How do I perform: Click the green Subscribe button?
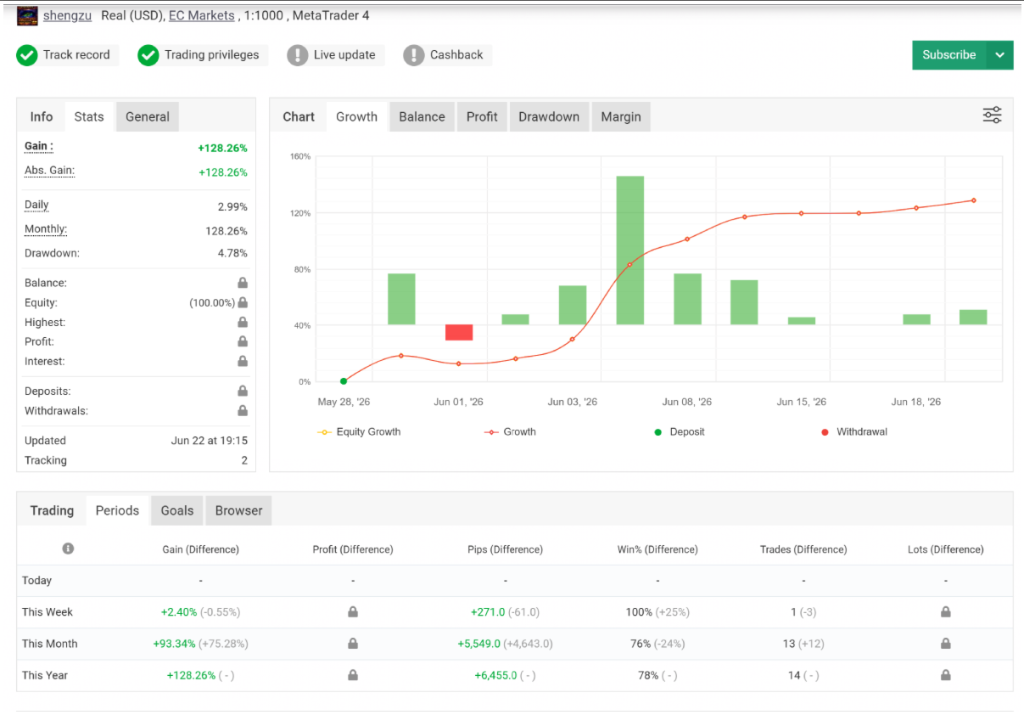[949, 55]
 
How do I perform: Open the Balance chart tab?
[422, 116]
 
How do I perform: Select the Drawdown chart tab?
[549, 116]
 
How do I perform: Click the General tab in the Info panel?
[148, 116]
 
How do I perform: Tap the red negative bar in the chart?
[458, 332]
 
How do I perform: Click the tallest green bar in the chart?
[630, 251]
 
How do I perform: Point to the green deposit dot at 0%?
[344, 381]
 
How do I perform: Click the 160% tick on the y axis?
[300, 156]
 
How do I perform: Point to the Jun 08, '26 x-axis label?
[686, 402]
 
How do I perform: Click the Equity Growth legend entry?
[359, 432]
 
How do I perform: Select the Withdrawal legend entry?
[854, 432]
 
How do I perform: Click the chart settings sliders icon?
[992, 115]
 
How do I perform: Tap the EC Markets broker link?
[202, 15]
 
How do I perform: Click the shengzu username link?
[67, 15]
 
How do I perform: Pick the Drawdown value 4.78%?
[232, 253]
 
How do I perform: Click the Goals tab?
[177, 510]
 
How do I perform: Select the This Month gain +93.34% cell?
[174, 644]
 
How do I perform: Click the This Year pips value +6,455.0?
[495, 675]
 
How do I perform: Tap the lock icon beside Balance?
[243, 283]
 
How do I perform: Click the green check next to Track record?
[27, 55]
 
